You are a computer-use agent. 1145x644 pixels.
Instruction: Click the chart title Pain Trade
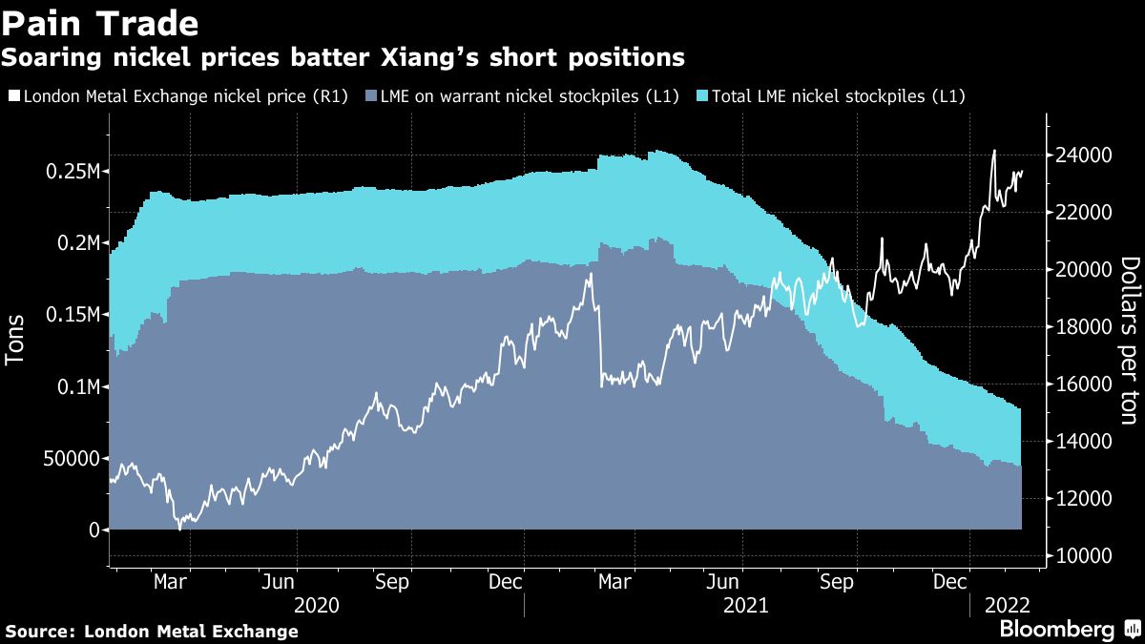point(100,23)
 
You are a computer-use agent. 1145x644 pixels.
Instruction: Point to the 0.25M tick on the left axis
point(74,172)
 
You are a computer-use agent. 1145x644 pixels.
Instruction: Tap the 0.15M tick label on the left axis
point(74,315)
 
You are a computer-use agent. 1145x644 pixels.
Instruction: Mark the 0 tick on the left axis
point(94,530)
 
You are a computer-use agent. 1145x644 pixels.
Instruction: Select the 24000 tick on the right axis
point(1083,155)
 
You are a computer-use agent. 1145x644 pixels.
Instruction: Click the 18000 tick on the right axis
point(1083,326)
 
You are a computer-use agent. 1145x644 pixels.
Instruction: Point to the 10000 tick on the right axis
point(1083,555)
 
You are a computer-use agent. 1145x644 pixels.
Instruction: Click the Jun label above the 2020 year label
point(277,581)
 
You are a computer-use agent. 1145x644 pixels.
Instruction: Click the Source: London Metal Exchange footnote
point(152,632)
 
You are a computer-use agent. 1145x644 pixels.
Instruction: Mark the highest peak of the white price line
point(994,150)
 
